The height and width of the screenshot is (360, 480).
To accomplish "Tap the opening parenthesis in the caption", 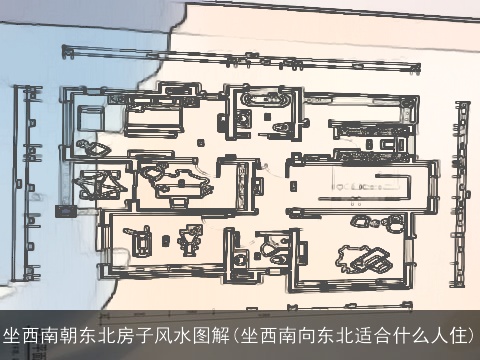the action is [x=234, y=334].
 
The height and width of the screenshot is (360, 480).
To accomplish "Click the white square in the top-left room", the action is [x=89, y=116].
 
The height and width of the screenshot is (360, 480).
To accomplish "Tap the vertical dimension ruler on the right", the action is [x=461, y=190].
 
